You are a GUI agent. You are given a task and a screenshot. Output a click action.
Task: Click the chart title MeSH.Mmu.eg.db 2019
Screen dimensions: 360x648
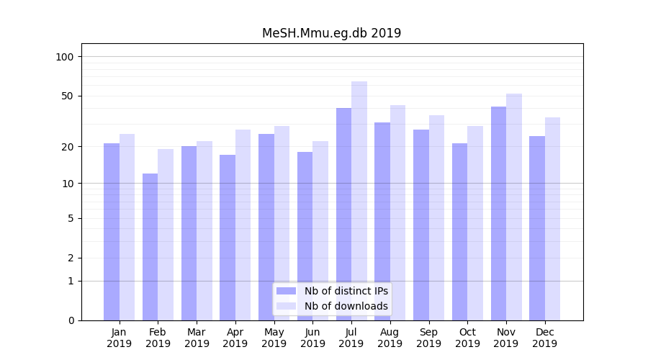(x=331, y=33)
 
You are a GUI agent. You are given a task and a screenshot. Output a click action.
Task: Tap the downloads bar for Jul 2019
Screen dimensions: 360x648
(x=359, y=201)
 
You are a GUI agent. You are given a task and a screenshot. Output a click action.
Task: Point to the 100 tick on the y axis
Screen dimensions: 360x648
(x=64, y=57)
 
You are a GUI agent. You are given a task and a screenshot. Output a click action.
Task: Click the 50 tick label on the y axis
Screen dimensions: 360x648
(x=67, y=96)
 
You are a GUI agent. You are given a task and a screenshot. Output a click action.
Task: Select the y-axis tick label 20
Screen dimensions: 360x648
(x=67, y=147)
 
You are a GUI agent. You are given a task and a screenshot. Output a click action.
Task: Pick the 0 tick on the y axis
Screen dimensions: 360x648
(x=71, y=320)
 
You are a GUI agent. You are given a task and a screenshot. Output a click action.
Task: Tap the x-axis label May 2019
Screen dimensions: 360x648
(x=274, y=338)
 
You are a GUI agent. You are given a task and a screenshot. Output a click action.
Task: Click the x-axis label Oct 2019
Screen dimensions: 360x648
(x=467, y=338)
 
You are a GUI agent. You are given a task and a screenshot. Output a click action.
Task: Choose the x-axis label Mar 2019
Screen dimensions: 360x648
(x=197, y=338)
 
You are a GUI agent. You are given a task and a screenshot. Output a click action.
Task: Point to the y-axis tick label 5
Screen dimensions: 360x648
(x=71, y=218)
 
